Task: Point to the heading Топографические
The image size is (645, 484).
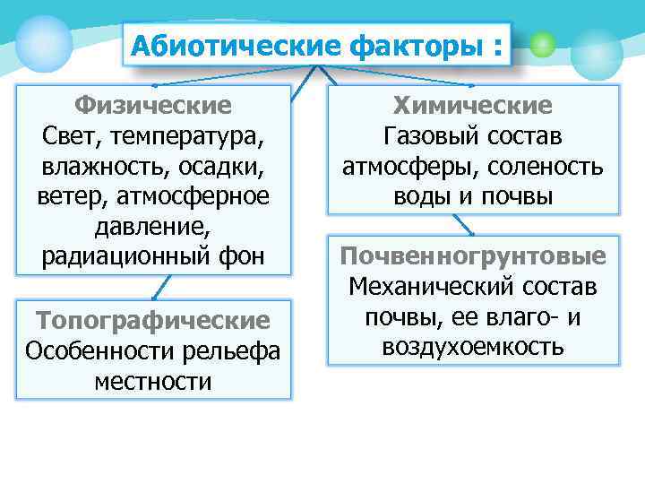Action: click(153, 320)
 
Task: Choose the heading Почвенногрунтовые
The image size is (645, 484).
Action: click(473, 257)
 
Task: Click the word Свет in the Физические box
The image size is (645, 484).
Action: click(65, 136)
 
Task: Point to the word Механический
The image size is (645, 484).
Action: click(430, 287)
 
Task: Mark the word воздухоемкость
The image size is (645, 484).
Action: click(473, 347)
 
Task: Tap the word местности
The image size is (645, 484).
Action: click(153, 381)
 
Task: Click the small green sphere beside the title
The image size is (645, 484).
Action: click(542, 45)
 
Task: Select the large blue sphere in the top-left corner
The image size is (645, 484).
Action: click(43, 42)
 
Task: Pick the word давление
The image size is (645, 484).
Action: click(153, 227)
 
